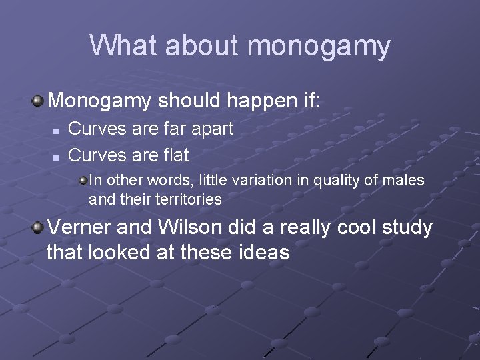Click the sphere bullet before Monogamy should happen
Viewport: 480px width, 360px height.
pos(38,101)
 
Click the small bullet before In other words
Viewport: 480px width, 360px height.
pos(82,180)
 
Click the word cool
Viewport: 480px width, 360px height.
pos(347,228)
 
